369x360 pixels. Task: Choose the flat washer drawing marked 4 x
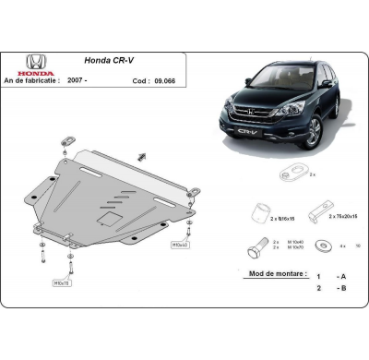pyautogui.click(x=323, y=245)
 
